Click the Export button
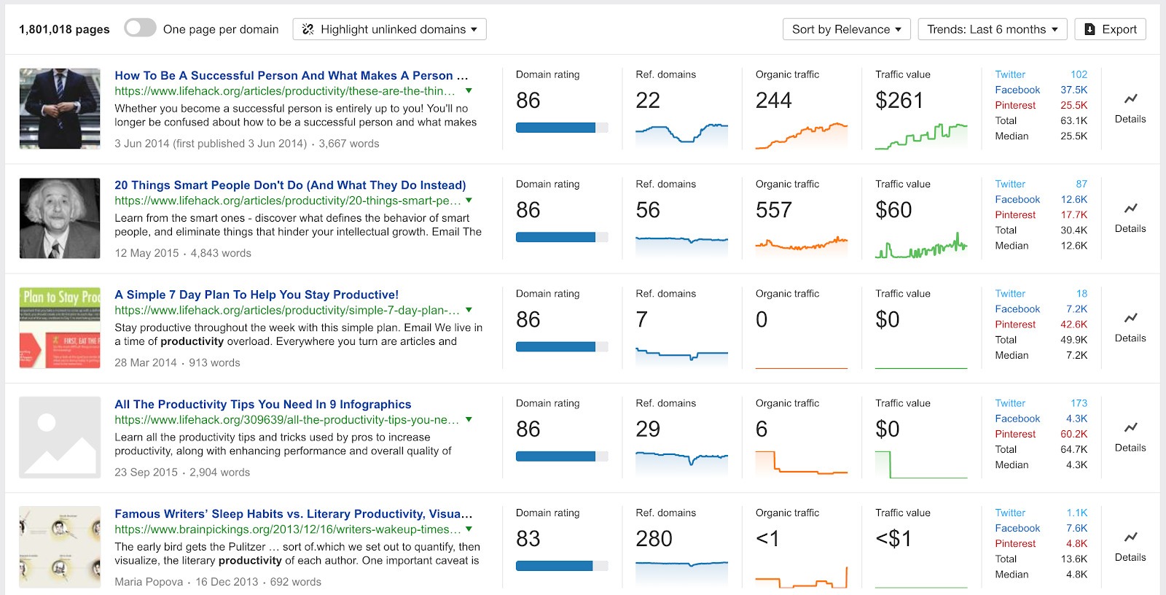1110,29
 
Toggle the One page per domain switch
140,28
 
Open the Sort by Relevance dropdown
847,29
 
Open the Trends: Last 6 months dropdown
992,29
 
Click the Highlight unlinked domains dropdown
389,29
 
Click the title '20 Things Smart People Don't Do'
289,185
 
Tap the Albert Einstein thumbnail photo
60,218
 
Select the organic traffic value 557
773,210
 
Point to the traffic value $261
899,101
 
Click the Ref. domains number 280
654,539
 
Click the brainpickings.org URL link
287,529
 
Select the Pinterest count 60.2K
1073,434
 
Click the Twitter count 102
1079,74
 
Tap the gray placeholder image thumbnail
60,437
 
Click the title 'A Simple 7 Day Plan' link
256,295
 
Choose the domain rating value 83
528,539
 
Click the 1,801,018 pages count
64,29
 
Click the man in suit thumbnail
60,109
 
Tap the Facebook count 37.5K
1073,90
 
